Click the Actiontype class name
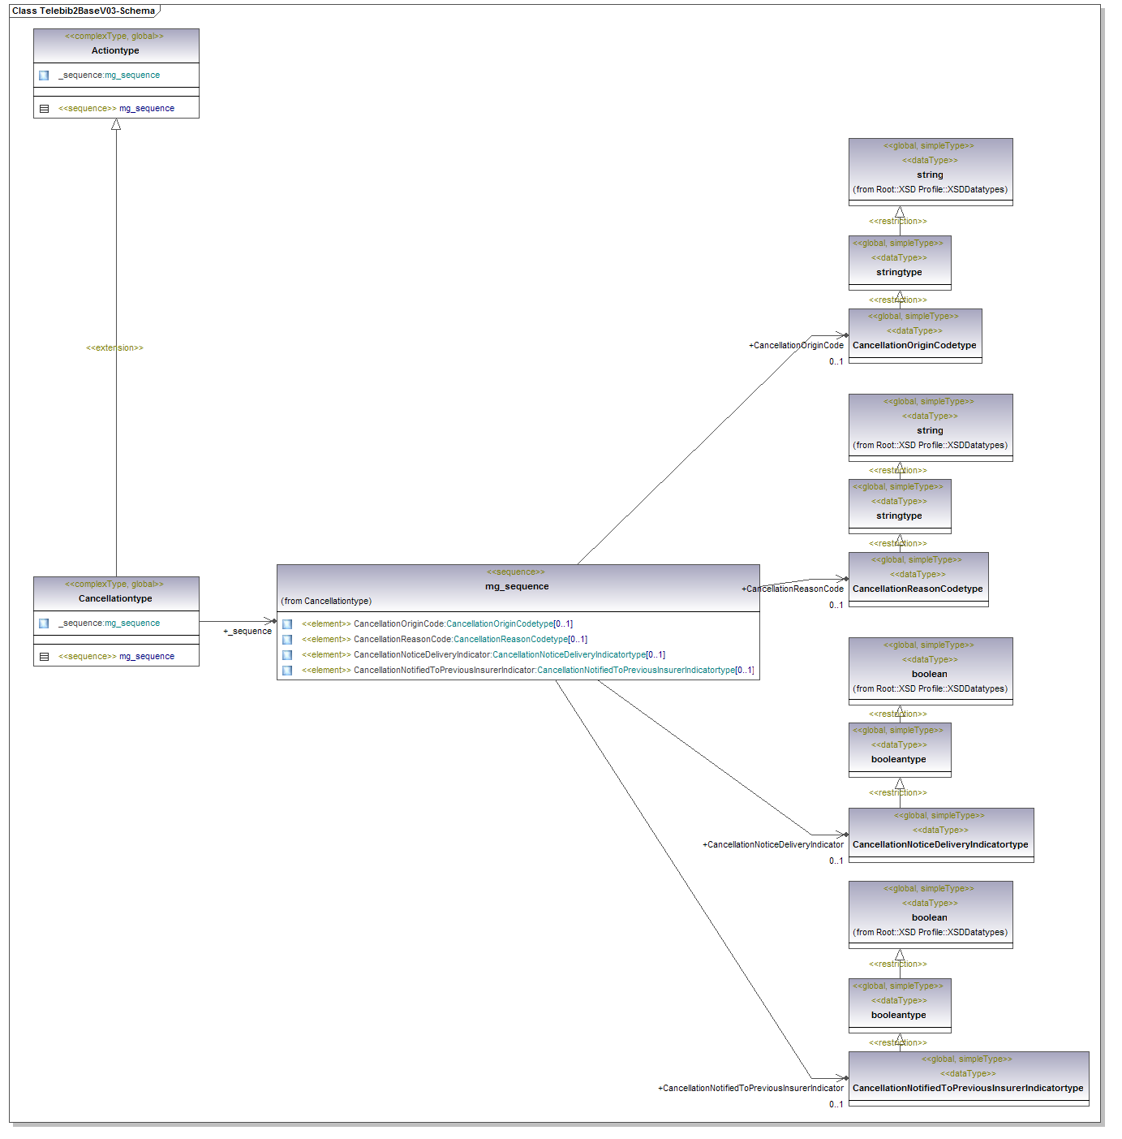pos(115,50)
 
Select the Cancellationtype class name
pos(115,598)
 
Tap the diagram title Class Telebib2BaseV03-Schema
pos(84,11)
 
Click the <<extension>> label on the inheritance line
pos(114,347)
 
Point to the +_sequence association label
pos(247,631)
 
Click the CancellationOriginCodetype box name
pos(914,345)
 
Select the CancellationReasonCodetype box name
pos(918,589)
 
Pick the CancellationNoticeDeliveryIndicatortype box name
pos(940,844)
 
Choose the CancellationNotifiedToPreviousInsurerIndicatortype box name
pos(968,1088)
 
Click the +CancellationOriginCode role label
pos(796,345)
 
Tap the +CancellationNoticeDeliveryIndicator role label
pos(773,844)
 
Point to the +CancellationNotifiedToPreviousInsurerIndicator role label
pos(750,1088)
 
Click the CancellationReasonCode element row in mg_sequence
pos(445,639)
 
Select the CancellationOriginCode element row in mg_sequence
pos(437,623)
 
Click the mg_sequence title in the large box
pos(517,586)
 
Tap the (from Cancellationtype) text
pos(326,601)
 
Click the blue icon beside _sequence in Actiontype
pos(44,76)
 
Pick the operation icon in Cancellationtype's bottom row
pos(45,656)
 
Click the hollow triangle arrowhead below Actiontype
pos(116,124)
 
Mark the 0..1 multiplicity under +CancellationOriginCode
pos(836,361)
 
